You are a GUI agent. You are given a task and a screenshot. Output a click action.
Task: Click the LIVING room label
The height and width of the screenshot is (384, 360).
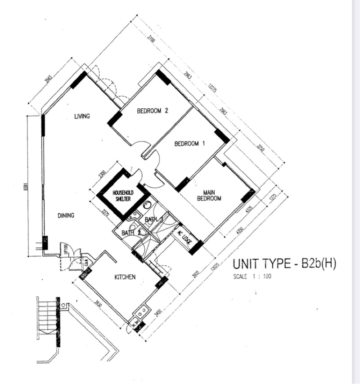82,116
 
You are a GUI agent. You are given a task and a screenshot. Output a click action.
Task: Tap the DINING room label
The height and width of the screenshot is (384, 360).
66,215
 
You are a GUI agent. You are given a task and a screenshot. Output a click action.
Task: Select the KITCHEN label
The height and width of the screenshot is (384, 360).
125,277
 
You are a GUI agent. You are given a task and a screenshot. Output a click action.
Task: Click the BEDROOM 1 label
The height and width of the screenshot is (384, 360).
189,144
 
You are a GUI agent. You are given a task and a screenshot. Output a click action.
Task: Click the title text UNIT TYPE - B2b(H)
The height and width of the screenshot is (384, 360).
284,264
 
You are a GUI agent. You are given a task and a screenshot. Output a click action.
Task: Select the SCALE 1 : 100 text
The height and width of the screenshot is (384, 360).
252,277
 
